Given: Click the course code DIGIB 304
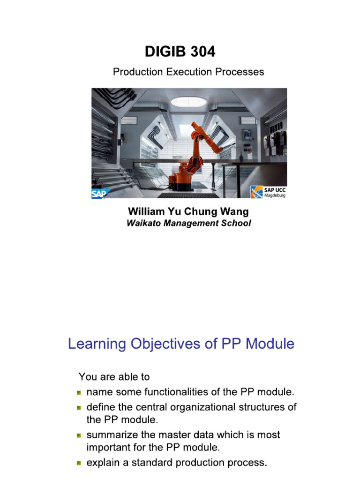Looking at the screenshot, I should click(180, 52).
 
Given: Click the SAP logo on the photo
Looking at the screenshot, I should click(101, 193).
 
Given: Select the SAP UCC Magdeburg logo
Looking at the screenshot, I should click(268, 192).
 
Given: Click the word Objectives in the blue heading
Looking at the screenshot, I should click(178, 344).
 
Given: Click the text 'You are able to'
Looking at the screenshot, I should click(114, 376).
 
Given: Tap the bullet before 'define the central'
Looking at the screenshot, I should click(80, 408).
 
